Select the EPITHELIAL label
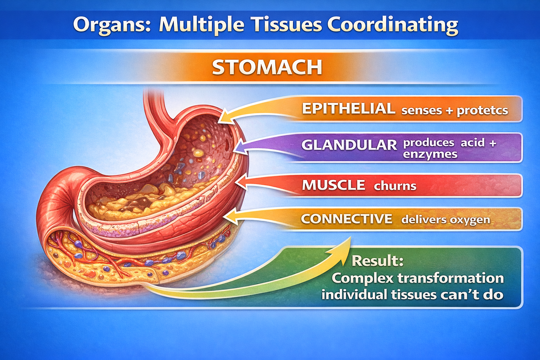[348, 109]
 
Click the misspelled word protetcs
[482, 110]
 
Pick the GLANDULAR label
[349, 145]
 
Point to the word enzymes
[430, 154]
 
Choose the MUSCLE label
[333, 185]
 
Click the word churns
[395, 186]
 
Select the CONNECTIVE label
[346, 219]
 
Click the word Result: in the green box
[377, 261]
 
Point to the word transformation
[451, 278]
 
